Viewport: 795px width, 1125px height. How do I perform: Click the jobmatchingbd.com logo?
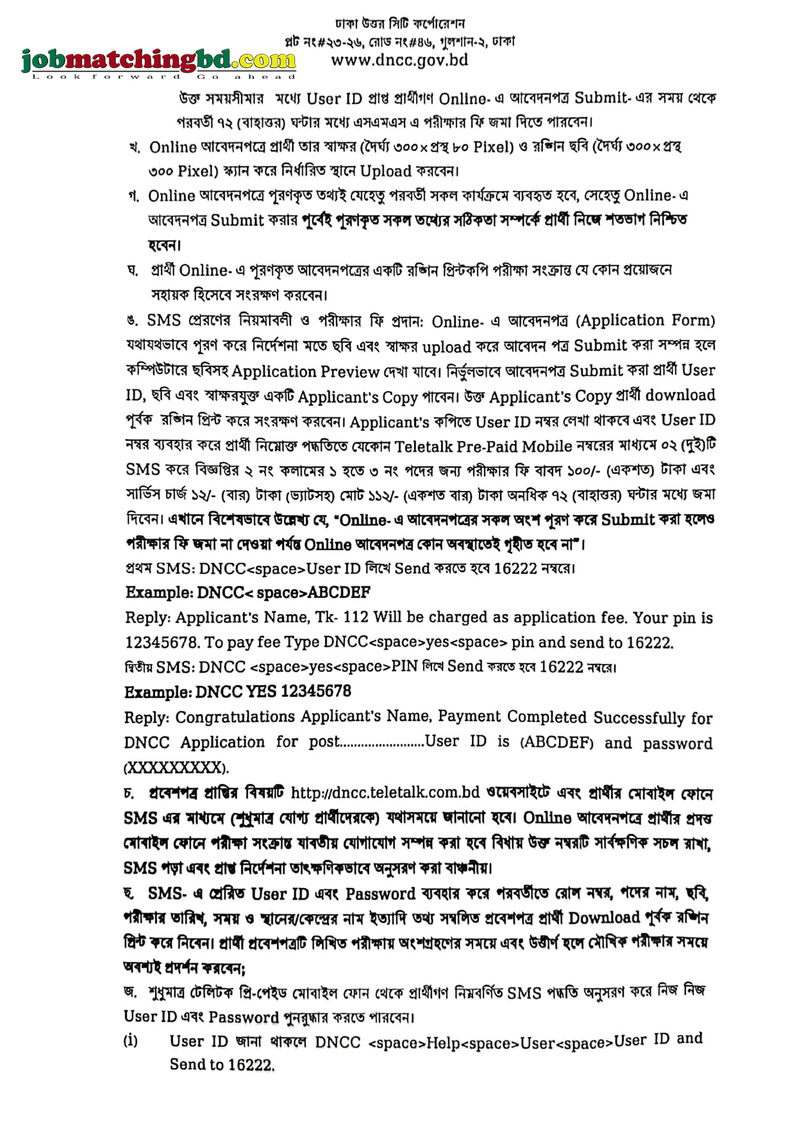pyautogui.click(x=158, y=60)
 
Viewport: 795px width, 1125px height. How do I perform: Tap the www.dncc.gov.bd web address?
pyautogui.click(x=399, y=60)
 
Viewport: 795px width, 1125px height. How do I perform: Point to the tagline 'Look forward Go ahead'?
pyautogui.click(x=164, y=77)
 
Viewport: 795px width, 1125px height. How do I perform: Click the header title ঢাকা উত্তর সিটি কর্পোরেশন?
pyautogui.click(x=400, y=24)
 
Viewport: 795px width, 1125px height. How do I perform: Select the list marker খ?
pyautogui.click(x=134, y=148)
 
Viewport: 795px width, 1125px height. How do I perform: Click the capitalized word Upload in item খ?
pyautogui.click(x=386, y=171)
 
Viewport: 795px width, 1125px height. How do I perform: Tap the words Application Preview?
pyautogui.click(x=306, y=372)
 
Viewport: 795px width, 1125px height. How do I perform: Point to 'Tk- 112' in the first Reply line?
pyautogui.click(x=342, y=617)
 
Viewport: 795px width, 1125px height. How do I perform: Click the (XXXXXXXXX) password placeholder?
pyautogui.click(x=176, y=767)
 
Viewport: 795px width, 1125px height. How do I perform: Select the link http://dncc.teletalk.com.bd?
pyautogui.click(x=385, y=792)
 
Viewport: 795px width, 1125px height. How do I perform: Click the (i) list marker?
pyautogui.click(x=130, y=1040)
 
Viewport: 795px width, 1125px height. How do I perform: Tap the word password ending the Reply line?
pyautogui.click(x=677, y=743)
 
